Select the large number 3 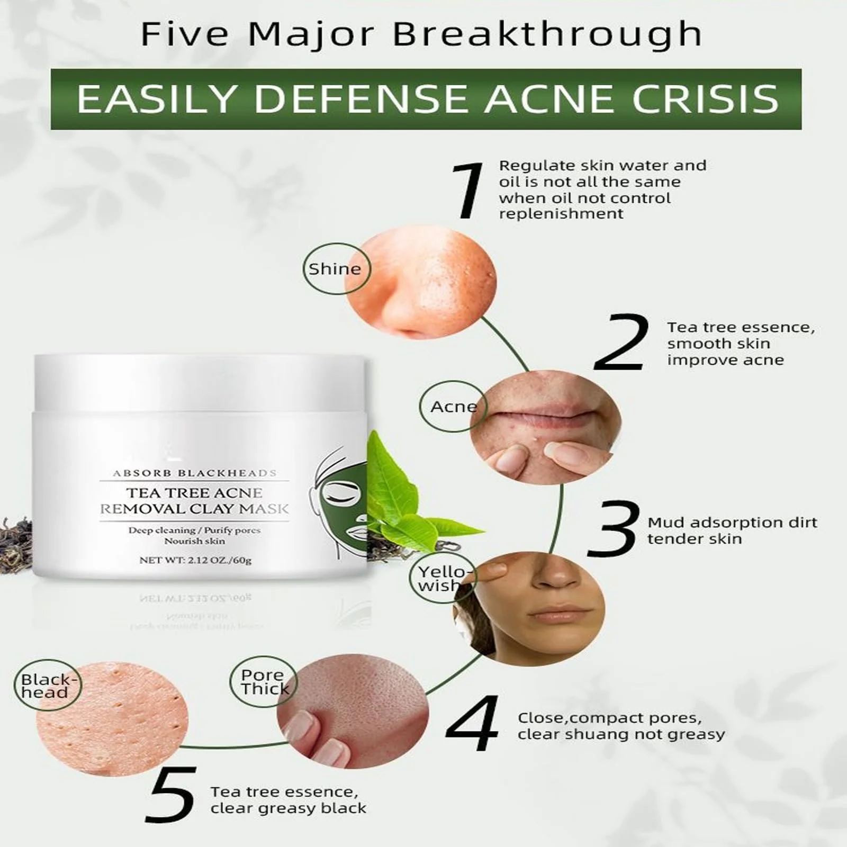click(x=614, y=528)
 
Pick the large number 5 click(x=172, y=795)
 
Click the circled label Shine click(x=336, y=269)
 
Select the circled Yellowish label click(x=441, y=578)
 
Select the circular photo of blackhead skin click(x=112, y=718)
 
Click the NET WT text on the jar click(x=195, y=560)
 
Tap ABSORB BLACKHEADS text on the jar click(x=194, y=473)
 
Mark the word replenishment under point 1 click(x=561, y=214)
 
